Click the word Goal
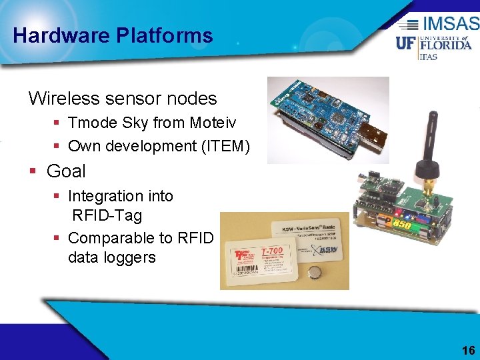click(66, 171)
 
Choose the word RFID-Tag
click(107, 215)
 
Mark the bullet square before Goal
click(33, 172)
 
